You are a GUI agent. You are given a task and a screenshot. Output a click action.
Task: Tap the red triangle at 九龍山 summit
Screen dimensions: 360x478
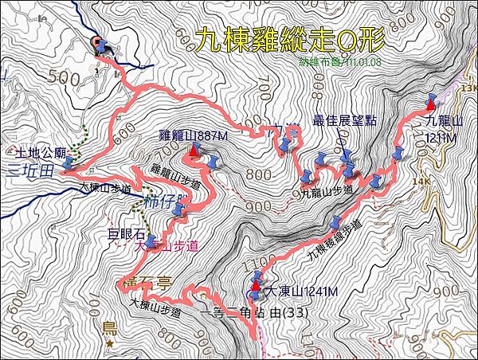click(431, 104)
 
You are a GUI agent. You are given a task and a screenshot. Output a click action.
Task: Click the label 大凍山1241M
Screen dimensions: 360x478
click(301, 292)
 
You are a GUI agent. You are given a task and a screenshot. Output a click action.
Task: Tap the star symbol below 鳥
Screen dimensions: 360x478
click(109, 343)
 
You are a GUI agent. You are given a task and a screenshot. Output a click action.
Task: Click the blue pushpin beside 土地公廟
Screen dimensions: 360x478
click(69, 162)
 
